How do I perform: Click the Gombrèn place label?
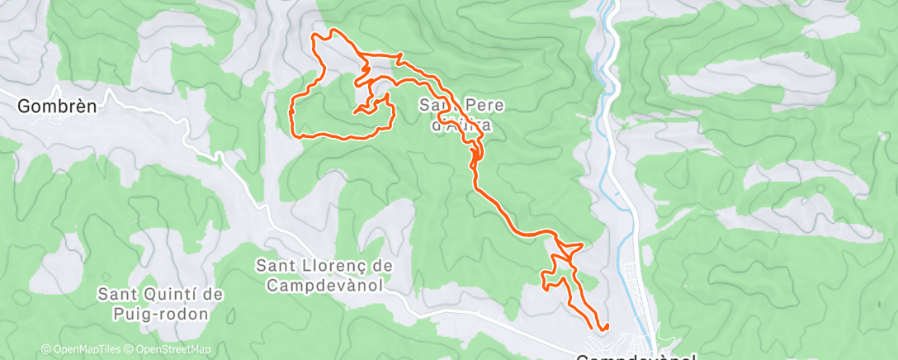point(57,106)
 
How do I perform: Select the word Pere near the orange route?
point(475,106)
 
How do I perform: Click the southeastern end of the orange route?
point(606,326)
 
